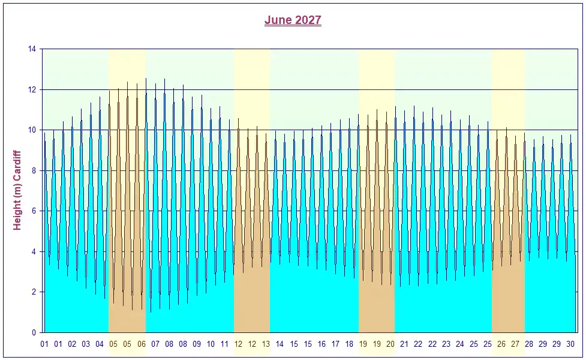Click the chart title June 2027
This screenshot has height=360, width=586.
tap(293, 20)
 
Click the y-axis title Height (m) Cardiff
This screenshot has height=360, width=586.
tap(17, 190)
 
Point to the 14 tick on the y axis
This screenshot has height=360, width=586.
tap(32, 49)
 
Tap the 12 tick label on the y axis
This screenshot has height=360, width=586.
tap(32, 89)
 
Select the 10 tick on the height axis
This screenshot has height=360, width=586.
tap(32, 130)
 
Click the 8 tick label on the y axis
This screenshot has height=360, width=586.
tap(34, 170)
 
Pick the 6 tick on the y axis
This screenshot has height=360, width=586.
tap(34, 211)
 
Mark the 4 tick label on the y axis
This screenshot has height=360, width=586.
tap(34, 251)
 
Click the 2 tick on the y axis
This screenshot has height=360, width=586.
tap(34, 292)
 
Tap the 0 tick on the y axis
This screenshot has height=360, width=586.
tap(34, 332)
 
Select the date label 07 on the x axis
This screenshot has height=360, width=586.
tap(155, 344)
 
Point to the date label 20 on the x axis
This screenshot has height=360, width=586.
tap(390, 344)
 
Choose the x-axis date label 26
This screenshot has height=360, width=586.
tap(501, 344)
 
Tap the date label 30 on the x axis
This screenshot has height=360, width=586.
tap(571, 344)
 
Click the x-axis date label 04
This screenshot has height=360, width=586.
tap(100, 344)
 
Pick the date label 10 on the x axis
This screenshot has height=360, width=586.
tap(211, 344)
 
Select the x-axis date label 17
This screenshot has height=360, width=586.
tap(335, 344)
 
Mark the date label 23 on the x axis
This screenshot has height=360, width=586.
tap(446, 344)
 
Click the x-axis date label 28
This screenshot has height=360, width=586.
tap(529, 344)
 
